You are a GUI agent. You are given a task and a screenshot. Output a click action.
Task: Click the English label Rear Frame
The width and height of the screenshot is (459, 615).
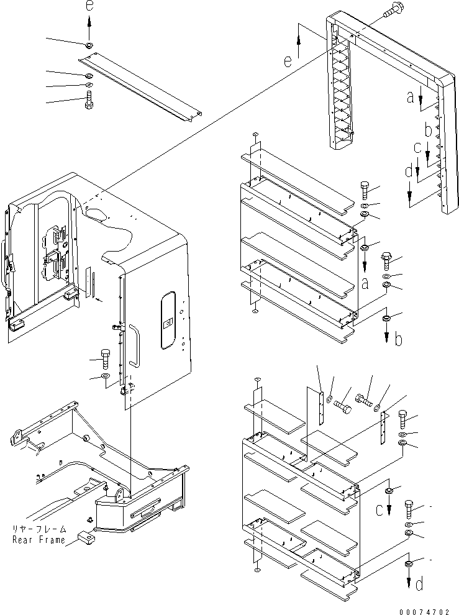(x=39, y=540)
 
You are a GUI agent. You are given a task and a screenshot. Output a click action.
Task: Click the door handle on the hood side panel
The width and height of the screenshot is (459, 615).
(x=135, y=347)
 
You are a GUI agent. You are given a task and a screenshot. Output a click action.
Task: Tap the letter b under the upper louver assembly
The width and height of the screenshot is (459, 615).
(x=399, y=340)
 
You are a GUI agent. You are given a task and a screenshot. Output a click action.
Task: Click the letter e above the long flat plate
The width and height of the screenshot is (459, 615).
(x=88, y=7)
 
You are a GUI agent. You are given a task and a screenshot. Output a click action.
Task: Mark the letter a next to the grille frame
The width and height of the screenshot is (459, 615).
(x=410, y=96)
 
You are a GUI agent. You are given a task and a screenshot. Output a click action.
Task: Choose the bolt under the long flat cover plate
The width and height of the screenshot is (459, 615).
(x=88, y=101)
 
